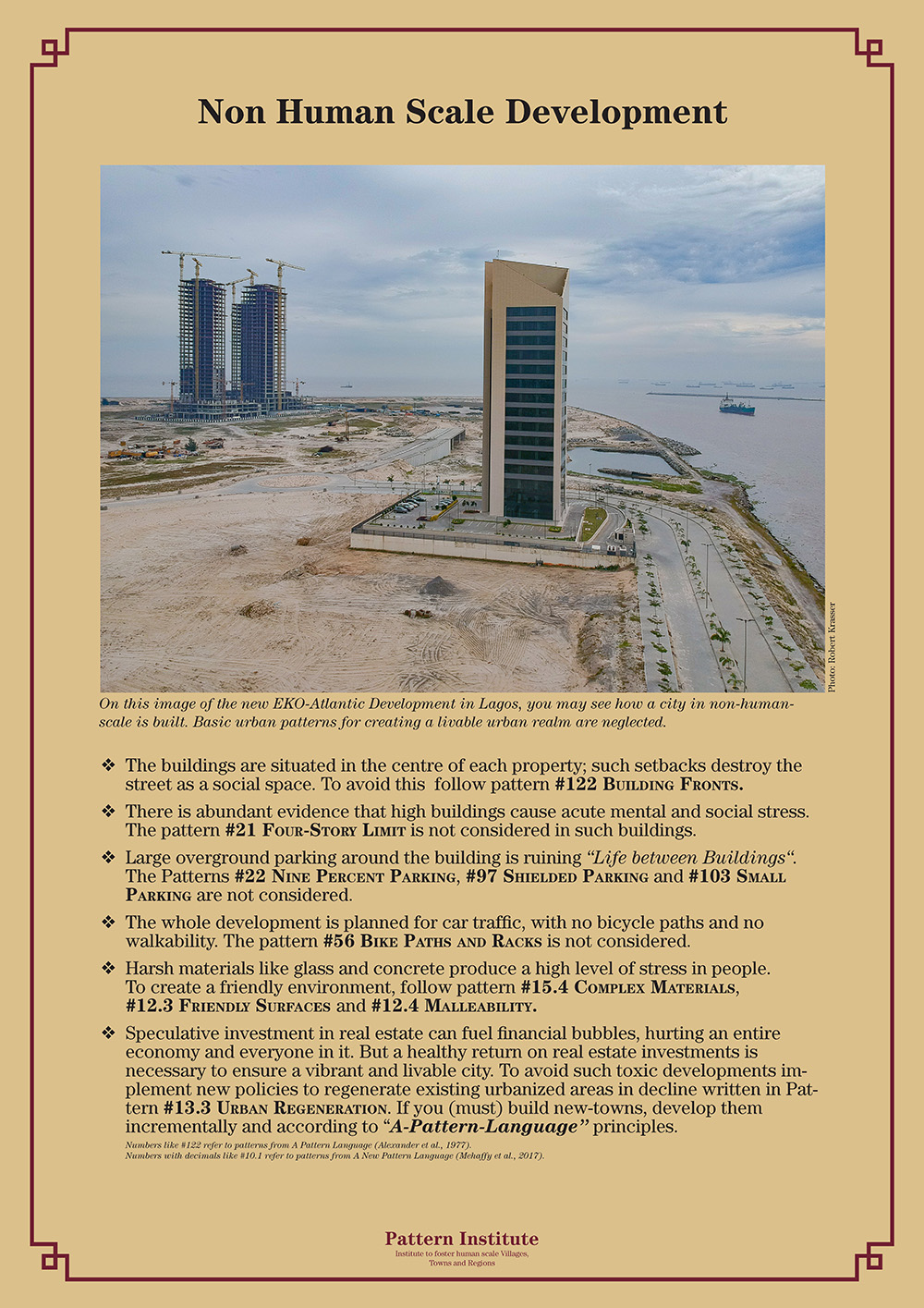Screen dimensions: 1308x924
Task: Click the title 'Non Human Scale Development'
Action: coord(462,112)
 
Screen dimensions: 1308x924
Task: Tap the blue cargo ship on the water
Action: coord(736,405)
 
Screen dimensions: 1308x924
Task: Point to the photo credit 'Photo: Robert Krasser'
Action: coord(832,646)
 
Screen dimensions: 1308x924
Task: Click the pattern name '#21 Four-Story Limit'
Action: coord(315,830)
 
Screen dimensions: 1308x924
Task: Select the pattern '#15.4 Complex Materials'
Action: coord(628,987)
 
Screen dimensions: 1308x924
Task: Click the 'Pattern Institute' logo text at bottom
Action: coord(462,1239)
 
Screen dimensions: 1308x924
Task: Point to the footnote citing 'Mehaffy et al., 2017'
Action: coord(334,1155)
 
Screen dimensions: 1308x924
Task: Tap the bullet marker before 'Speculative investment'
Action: coord(108,1033)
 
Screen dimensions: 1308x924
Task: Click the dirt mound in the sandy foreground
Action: coord(438,586)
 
